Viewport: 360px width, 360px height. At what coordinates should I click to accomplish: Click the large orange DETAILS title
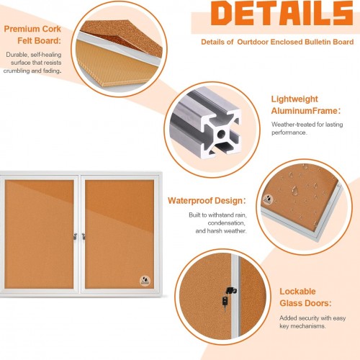point(282,13)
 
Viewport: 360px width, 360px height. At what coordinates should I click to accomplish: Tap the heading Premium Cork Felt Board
point(32,35)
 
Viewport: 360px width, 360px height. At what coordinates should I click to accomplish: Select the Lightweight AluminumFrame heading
point(306,105)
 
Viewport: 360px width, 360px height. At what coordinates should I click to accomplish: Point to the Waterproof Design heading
point(207,200)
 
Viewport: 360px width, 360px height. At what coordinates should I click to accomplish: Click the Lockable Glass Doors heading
point(305,297)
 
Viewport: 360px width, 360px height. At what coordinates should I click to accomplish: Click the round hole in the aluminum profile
point(221,134)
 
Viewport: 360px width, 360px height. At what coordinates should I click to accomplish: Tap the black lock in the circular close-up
point(229,297)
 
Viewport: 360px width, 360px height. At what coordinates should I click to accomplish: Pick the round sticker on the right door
point(145,281)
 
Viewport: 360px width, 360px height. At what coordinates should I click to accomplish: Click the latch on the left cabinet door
point(76,236)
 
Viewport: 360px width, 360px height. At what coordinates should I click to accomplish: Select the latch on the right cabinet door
point(84,236)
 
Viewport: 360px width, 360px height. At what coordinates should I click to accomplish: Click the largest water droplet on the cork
point(295,190)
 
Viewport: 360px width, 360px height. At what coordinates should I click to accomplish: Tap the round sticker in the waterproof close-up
point(267,199)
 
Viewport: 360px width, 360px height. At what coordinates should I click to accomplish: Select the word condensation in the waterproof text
point(226,223)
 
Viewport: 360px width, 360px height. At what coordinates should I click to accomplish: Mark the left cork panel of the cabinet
point(39,234)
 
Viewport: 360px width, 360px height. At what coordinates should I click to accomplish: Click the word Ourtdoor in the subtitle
point(253,42)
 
